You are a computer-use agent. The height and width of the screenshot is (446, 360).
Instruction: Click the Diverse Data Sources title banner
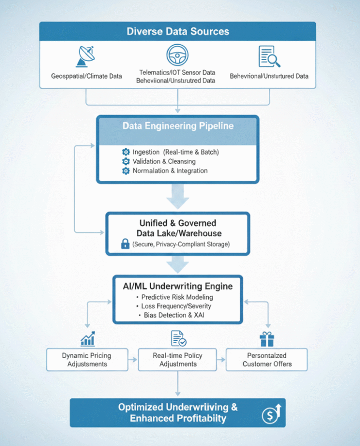point(177,31)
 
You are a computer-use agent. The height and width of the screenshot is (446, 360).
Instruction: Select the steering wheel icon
point(177,54)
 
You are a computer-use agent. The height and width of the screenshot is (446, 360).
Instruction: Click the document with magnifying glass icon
point(269,56)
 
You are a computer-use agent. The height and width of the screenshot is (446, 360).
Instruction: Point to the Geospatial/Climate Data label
point(86,76)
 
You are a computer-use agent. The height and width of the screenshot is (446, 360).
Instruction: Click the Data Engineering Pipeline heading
point(177,126)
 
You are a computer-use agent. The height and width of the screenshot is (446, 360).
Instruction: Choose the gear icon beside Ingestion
point(125,152)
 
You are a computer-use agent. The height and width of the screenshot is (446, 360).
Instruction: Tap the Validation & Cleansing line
point(164,161)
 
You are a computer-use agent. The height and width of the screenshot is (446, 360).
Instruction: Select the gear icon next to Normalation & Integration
point(125,171)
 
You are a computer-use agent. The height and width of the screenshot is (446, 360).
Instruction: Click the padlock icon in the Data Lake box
point(125,244)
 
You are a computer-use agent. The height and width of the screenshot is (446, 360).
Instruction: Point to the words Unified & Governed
point(177,224)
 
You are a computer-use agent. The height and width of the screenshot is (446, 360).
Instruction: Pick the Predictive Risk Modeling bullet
point(177,297)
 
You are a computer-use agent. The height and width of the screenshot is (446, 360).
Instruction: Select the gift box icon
point(267,339)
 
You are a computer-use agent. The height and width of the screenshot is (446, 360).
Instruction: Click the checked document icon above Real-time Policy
point(178,339)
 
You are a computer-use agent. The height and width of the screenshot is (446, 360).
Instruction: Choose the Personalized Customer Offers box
point(266,360)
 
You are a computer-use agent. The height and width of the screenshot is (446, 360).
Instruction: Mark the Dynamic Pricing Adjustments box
point(87,360)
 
